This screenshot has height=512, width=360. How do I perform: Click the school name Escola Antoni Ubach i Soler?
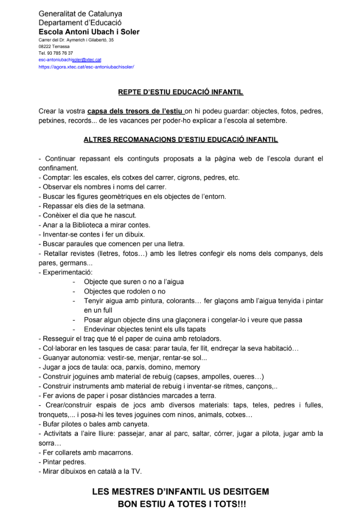[x=89, y=32]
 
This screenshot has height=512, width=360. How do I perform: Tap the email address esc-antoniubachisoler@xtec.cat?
[x=70, y=59]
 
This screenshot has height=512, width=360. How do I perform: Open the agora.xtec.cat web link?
[x=86, y=67]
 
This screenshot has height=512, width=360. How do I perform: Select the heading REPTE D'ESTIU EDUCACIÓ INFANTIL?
[x=181, y=91]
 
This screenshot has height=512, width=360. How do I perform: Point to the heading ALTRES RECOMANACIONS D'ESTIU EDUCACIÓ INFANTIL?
[x=181, y=139]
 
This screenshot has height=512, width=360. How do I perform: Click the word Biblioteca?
[x=86, y=225]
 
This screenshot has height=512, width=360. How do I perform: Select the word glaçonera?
[x=195, y=320]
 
